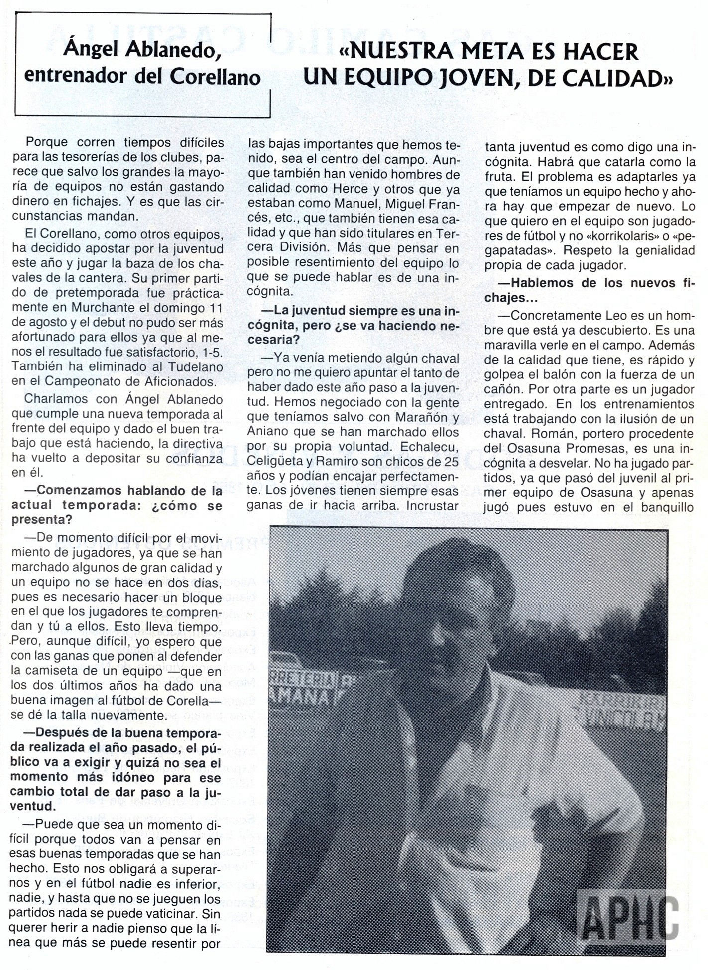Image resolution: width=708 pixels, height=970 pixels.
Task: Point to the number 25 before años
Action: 451,461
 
